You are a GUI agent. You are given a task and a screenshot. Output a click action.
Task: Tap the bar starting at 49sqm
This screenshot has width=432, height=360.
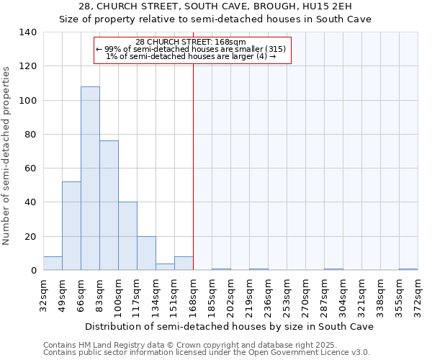click(71, 226)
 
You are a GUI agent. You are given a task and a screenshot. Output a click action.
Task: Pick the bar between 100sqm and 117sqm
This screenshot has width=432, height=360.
click(127, 236)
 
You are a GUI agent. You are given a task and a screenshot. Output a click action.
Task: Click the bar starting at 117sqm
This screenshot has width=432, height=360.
click(146, 253)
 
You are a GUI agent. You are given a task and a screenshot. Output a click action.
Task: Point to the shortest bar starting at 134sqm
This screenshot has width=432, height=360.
click(165, 266)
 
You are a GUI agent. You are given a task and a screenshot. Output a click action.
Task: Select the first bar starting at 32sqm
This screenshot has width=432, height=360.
click(53, 264)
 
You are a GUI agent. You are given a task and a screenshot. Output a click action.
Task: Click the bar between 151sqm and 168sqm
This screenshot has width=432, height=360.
click(184, 264)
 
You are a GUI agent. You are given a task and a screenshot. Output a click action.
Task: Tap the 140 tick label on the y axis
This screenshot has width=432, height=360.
click(27, 32)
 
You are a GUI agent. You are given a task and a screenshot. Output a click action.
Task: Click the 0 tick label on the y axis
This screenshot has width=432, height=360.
click(33, 271)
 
